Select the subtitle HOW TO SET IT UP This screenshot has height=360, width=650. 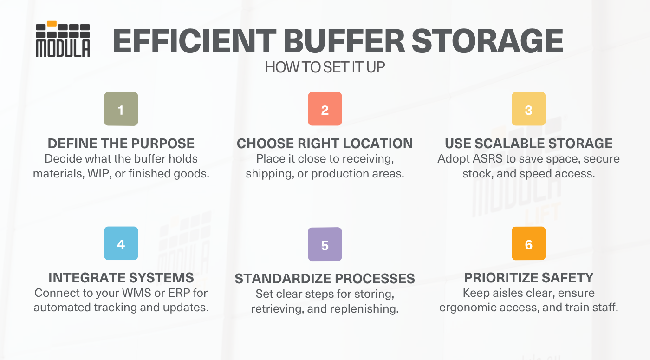[325, 68]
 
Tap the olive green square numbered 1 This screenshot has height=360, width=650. [121, 109]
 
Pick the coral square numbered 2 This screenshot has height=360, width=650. [325, 109]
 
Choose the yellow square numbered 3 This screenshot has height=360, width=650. [528, 109]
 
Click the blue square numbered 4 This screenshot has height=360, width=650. [121, 243]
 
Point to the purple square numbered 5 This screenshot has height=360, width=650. [325, 244]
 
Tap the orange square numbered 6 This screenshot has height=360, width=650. [528, 243]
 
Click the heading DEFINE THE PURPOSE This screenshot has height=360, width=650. [121, 144]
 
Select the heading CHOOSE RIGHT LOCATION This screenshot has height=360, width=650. [325, 144]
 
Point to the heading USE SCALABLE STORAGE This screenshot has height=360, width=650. [528, 144]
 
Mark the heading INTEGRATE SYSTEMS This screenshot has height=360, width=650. [121, 278]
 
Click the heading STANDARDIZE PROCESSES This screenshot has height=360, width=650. [325, 279]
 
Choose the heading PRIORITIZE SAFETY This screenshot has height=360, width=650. [528, 278]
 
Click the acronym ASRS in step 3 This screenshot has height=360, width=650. [488, 159]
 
